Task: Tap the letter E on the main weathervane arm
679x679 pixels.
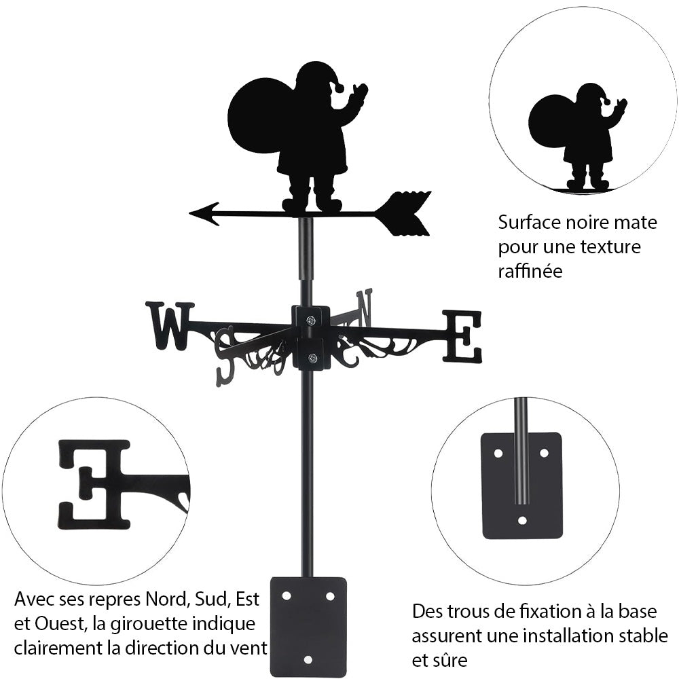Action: pos(462,336)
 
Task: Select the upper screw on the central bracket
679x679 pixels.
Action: pos(310,320)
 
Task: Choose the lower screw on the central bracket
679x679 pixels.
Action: pos(311,357)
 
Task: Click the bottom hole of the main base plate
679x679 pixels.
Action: pos(308,659)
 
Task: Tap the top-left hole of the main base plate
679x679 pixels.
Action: pos(287,595)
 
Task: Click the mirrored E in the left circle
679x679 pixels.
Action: pos(95,483)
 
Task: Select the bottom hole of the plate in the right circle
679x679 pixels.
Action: pos(521,521)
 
